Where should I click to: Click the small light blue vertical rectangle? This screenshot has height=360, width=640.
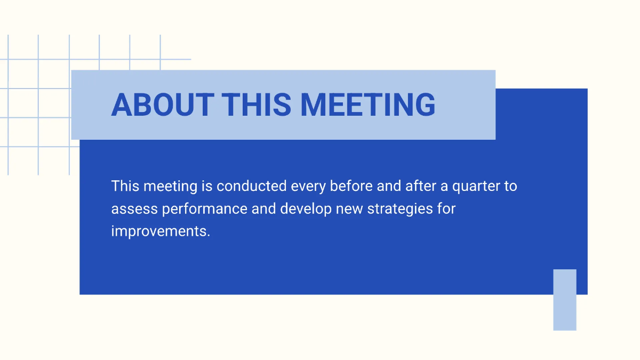[564, 300]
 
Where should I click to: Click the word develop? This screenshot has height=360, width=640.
[306, 209]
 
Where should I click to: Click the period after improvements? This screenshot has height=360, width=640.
[208, 236]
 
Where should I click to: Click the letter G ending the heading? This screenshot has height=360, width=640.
[424, 105]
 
